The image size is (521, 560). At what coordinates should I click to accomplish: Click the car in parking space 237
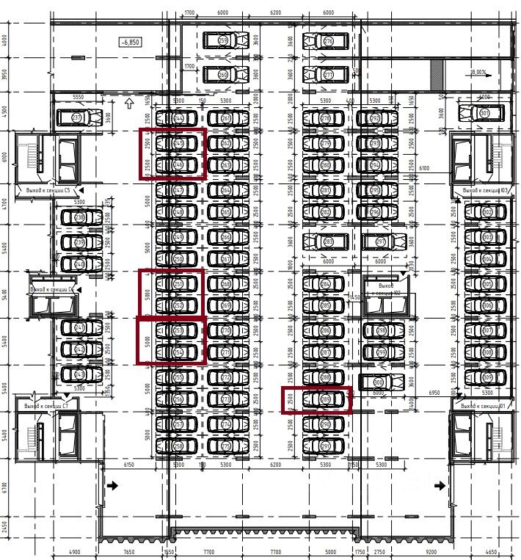[x=87, y=117]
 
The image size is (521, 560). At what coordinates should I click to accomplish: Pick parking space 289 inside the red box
[x=326, y=399]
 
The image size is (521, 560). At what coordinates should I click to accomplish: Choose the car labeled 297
[x=380, y=241]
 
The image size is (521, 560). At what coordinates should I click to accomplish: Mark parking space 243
[x=81, y=375]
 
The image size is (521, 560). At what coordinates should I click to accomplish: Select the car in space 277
[x=327, y=75]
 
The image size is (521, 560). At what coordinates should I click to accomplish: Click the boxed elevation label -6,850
[x=129, y=43]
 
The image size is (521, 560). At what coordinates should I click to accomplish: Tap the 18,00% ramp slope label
[x=478, y=72]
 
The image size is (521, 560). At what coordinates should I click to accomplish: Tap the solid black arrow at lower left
[x=113, y=485]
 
